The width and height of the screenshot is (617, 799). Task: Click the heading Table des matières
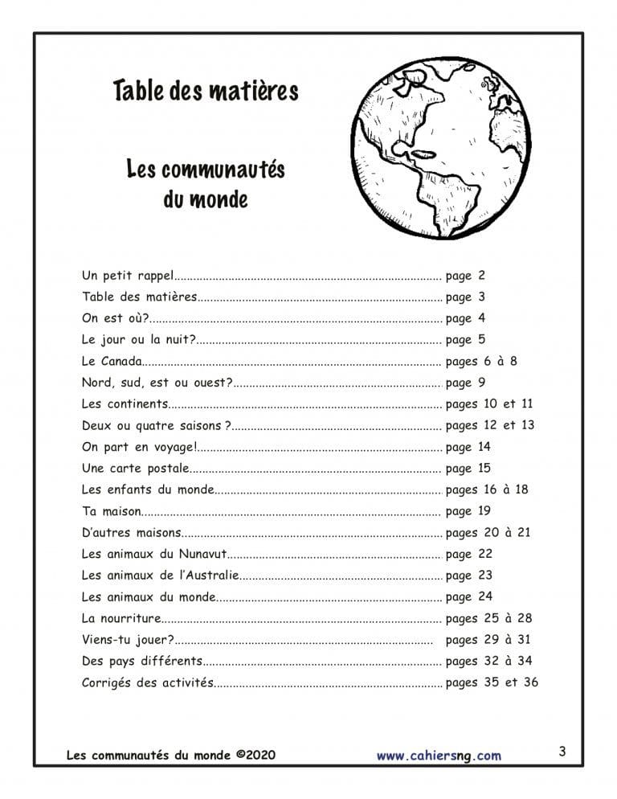[x=206, y=91]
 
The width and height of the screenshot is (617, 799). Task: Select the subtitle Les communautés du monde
[x=206, y=184]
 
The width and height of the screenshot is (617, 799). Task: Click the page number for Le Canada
[x=481, y=361]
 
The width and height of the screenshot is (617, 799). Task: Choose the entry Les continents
[x=125, y=404]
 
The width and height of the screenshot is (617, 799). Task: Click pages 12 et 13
[x=489, y=425]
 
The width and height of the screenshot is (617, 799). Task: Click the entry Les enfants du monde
[x=148, y=490]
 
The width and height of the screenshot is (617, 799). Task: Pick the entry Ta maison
[x=112, y=510]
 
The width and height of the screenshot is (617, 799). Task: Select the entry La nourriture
[x=121, y=618]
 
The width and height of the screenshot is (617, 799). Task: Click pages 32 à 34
[x=488, y=661]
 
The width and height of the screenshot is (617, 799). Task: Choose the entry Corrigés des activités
[x=148, y=682]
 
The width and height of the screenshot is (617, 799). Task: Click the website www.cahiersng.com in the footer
[x=439, y=756]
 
